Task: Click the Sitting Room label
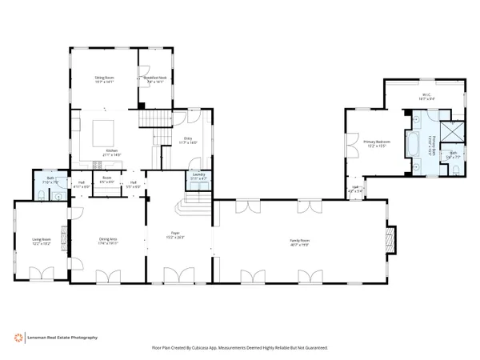click(x=104, y=79)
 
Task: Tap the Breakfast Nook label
click(x=154, y=79)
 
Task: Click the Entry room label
click(x=189, y=141)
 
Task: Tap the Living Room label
click(x=41, y=241)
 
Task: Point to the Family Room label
click(x=299, y=242)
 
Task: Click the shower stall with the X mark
click(x=453, y=132)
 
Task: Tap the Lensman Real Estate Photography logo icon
click(x=18, y=338)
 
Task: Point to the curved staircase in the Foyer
click(x=204, y=209)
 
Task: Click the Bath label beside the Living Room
click(x=50, y=181)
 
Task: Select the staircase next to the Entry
click(x=156, y=120)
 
